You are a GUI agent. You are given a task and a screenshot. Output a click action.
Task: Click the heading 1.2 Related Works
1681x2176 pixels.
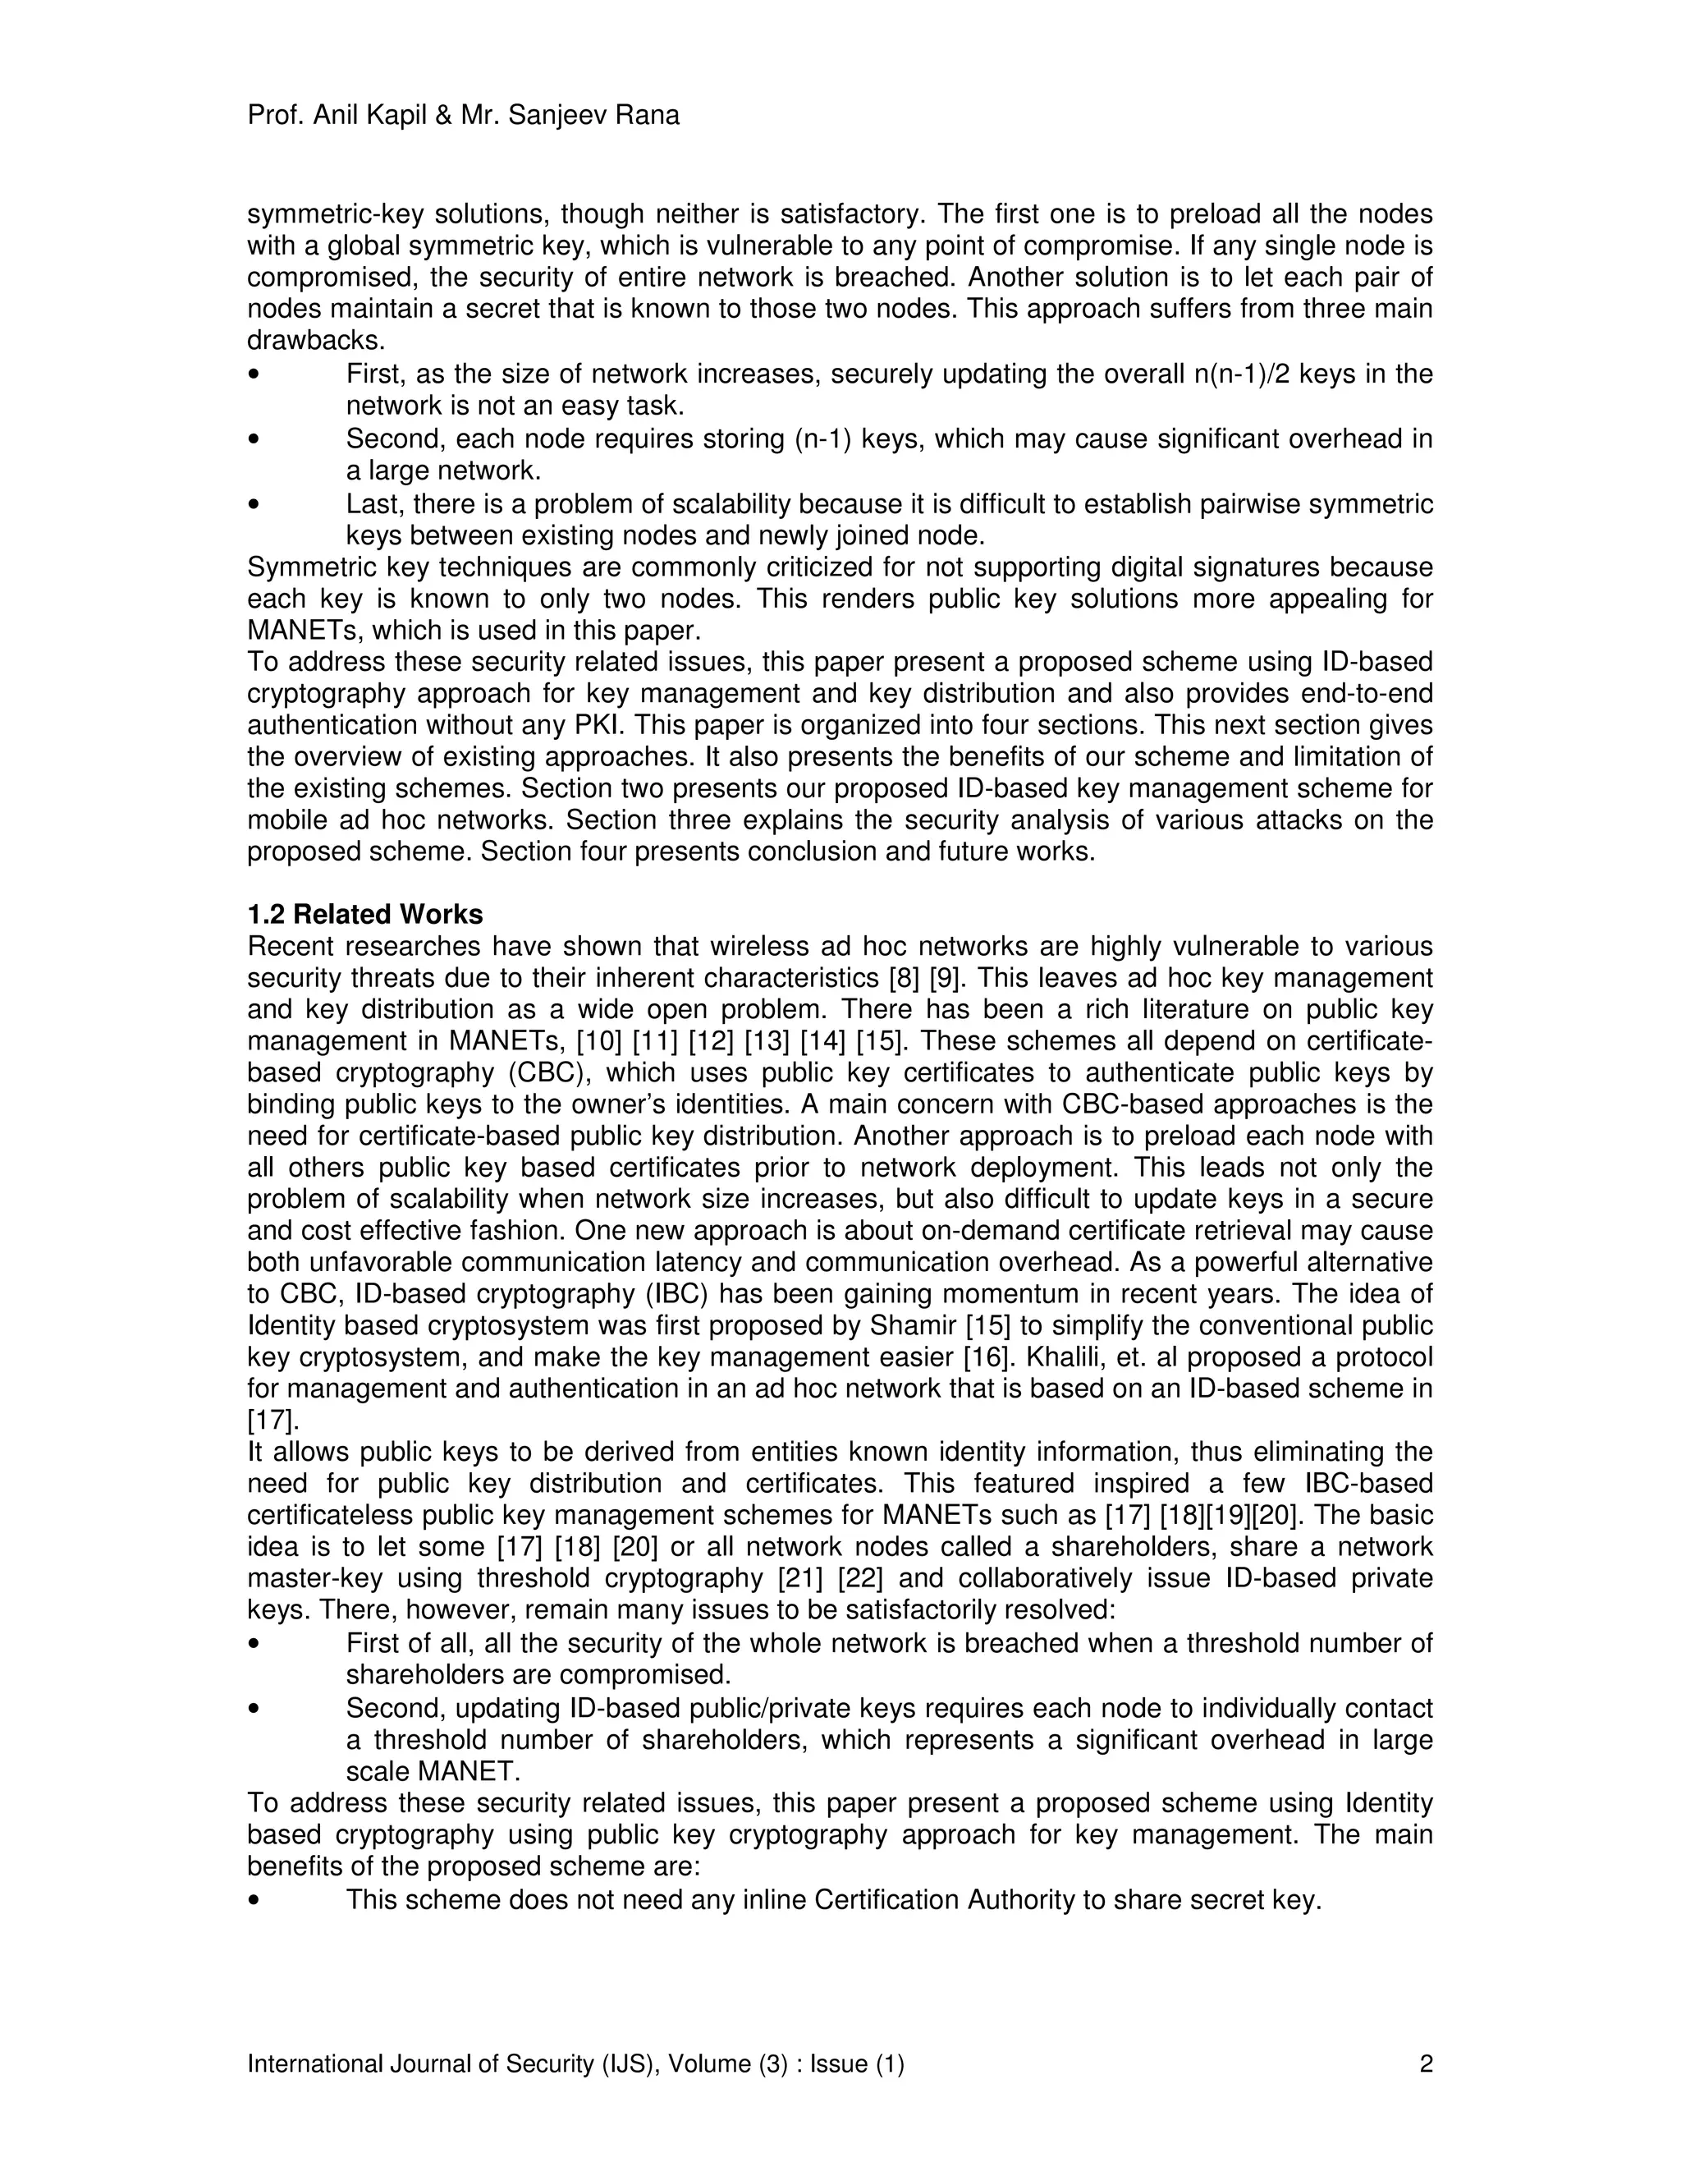pos(364,915)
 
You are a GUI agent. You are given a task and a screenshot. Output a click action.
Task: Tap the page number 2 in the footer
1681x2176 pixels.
pos(1425,2064)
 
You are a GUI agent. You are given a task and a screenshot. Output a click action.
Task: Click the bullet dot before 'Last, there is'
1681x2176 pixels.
pos(256,505)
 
